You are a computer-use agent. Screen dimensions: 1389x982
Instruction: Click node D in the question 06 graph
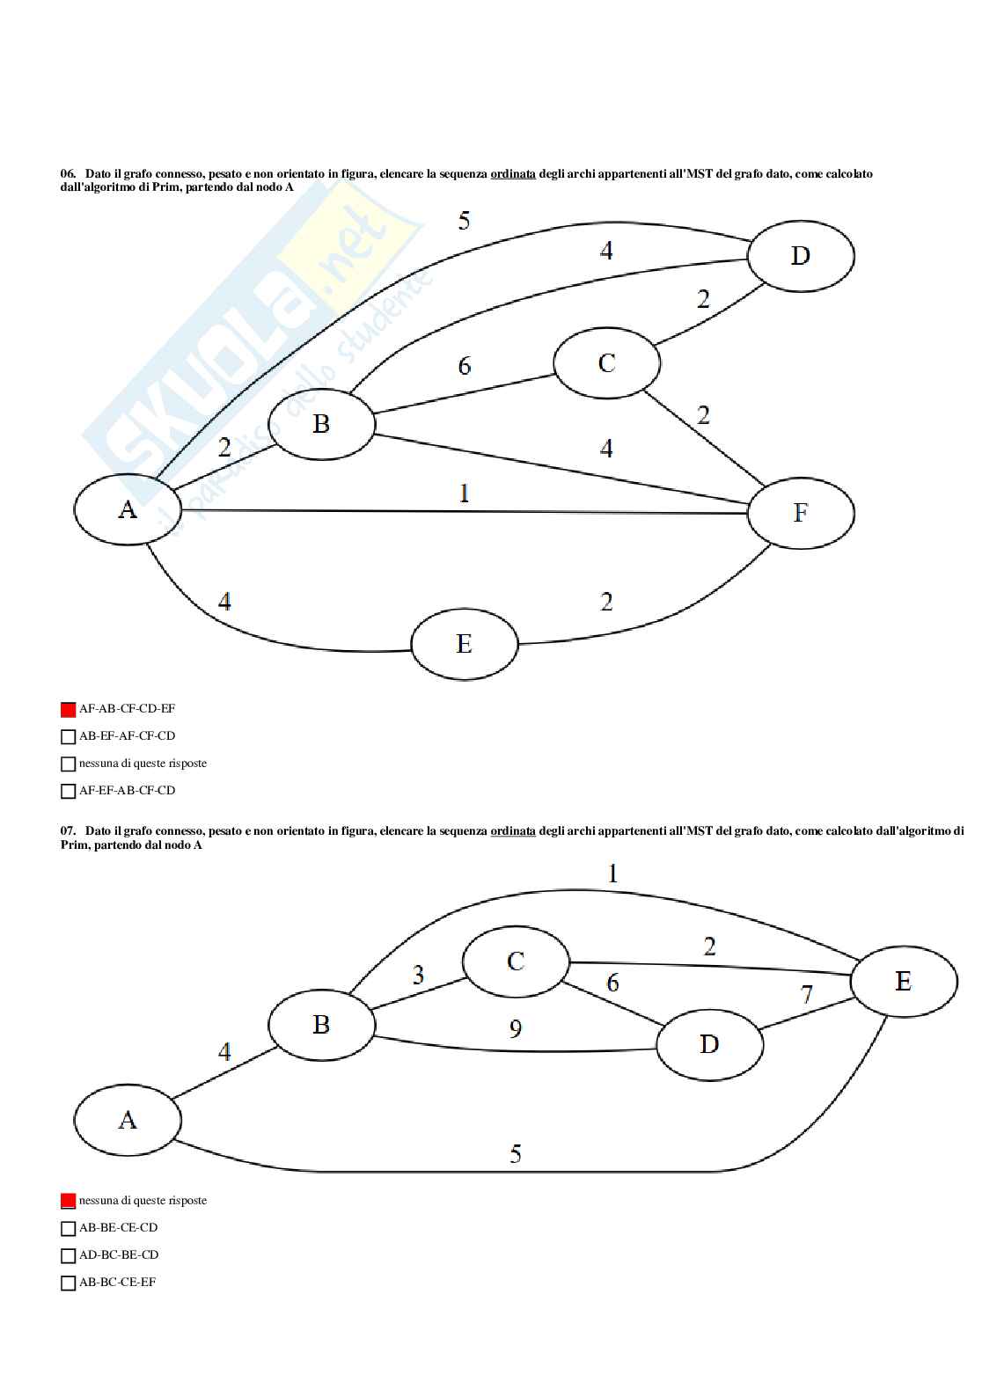pos(800,256)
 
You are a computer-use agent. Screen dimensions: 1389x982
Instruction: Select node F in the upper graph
pos(800,513)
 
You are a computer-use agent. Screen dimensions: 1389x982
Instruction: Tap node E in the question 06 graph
pos(465,643)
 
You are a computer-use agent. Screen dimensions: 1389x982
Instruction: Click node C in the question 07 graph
pos(516,961)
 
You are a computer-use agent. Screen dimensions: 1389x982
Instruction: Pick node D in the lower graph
pos(709,1044)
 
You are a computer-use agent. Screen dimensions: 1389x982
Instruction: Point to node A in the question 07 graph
pos(128,1120)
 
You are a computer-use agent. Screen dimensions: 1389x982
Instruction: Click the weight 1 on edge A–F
pos(465,493)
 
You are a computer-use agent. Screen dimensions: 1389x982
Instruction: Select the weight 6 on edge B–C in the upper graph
pos(465,365)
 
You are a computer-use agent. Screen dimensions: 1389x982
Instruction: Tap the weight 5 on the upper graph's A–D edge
pos(465,221)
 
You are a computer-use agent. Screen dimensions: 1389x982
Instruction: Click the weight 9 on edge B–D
pos(516,1027)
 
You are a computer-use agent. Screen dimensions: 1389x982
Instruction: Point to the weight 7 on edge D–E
pos(806,995)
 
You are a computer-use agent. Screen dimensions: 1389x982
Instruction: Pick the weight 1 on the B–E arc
pos(613,874)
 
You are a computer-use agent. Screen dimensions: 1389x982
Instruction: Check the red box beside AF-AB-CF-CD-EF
pos(68,709)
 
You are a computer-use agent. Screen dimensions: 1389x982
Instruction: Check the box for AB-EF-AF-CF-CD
pos(68,736)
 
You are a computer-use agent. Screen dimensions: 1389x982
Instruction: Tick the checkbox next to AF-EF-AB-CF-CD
pos(68,791)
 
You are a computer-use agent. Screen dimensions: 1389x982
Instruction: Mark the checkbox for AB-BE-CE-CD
pos(68,1228)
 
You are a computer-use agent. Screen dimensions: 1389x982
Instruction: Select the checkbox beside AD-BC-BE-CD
pos(68,1255)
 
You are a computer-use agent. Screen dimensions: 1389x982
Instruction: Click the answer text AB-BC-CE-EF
pos(117,1283)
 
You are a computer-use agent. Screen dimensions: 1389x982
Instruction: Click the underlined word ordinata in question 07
pos(513,830)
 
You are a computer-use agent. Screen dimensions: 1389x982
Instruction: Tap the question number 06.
pos(68,174)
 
